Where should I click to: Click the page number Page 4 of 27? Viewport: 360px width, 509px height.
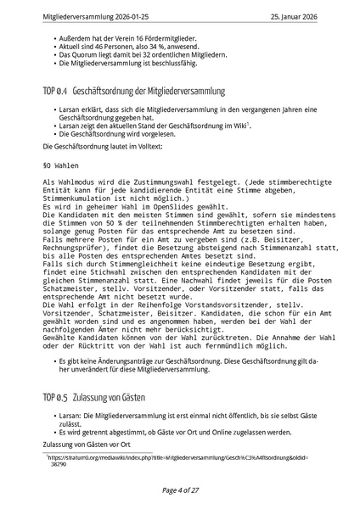pos(180,491)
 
